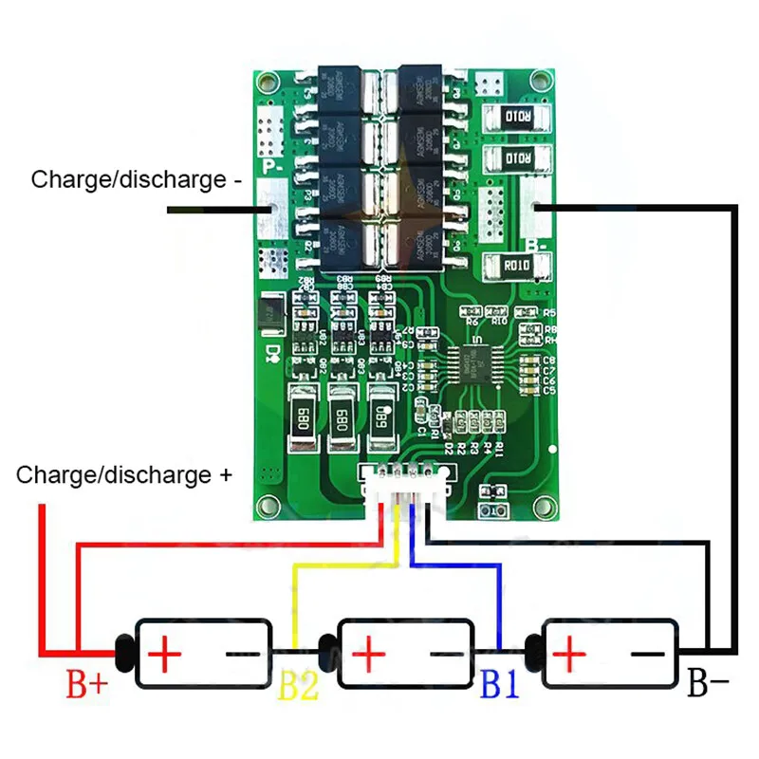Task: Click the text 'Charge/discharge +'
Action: pos(124,474)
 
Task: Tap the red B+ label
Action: pos(87,684)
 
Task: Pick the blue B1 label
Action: pos(501,683)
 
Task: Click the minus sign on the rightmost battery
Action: pos(649,654)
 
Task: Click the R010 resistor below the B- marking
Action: pos(517,266)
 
